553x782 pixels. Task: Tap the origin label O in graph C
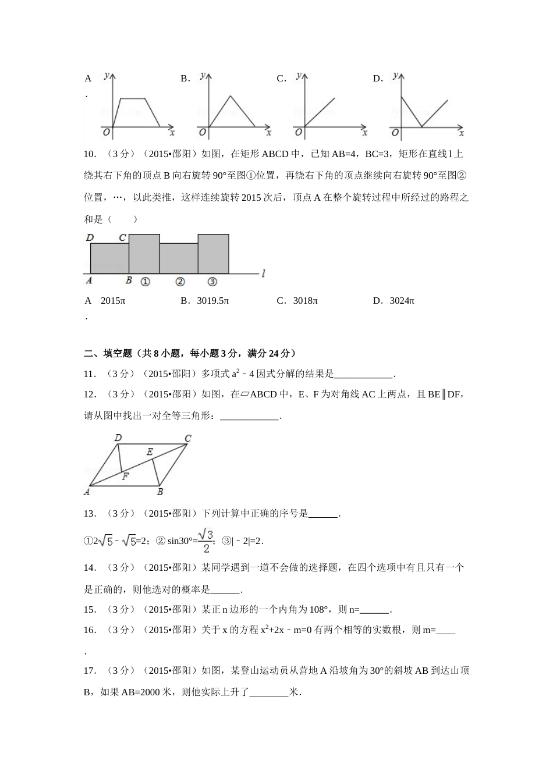coord(299,133)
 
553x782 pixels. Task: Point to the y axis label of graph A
coord(106,76)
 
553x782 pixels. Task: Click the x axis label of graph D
coord(461,133)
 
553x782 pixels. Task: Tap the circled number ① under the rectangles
coord(146,282)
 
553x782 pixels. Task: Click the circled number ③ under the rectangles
coord(212,282)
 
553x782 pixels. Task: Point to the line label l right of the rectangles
coord(264,273)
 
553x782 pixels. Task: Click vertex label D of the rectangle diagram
coord(90,237)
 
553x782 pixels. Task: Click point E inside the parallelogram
coord(150,452)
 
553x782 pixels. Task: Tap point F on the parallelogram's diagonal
coord(125,476)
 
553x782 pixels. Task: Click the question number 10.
coord(90,154)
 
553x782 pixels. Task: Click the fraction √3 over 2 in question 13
coord(206,541)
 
